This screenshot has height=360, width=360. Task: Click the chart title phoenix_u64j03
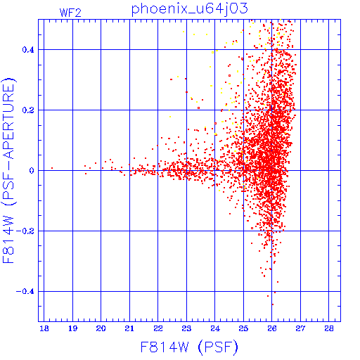tap(189, 9)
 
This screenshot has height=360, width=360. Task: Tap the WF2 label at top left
tap(70, 13)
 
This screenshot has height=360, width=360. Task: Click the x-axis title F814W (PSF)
tap(189, 347)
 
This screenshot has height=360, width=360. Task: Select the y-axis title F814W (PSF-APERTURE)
tap(8, 170)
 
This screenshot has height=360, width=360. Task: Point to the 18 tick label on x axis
tap(44, 328)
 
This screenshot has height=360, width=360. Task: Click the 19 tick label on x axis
tap(72, 328)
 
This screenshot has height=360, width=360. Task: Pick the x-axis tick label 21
tap(129, 328)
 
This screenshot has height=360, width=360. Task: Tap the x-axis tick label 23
tap(186, 328)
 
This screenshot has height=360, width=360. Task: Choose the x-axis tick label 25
tap(243, 328)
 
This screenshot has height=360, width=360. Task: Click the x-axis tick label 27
tap(300, 328)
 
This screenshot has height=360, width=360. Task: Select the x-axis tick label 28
tap(329, 328)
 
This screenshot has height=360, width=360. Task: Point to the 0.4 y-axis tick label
tap(28, 50)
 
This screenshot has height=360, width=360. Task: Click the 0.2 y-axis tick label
tap(28, 110)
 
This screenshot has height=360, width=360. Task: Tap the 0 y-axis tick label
tap(32, 171)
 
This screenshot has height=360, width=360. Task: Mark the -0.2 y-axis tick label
tap(25, 231)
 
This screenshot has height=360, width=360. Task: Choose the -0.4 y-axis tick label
tap(25, 292)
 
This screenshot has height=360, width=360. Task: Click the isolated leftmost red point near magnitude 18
tap(52, 168)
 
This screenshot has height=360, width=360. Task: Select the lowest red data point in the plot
tap(273, 304)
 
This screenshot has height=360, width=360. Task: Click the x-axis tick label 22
tap(158, 328)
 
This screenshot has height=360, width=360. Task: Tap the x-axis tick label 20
tap(101, 328)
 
